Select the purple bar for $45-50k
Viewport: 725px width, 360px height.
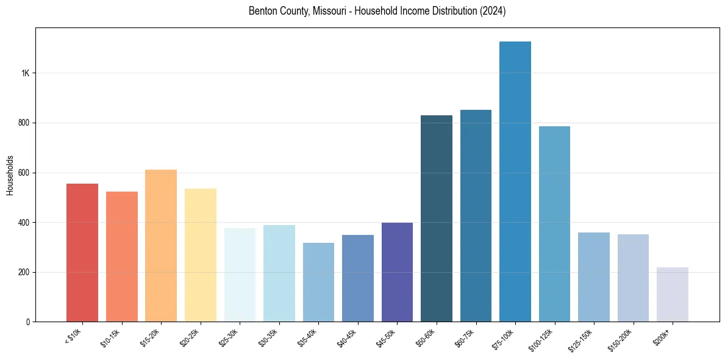[x=397, y=272]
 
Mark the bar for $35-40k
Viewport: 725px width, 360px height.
[x=318, y=282]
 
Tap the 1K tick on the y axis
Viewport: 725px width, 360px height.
[x=25, y=73]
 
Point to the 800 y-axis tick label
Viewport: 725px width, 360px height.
[x=24, y=123]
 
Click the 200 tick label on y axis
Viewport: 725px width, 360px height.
[x=24, y=272]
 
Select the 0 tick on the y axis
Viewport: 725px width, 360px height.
[x=28, y=322]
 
